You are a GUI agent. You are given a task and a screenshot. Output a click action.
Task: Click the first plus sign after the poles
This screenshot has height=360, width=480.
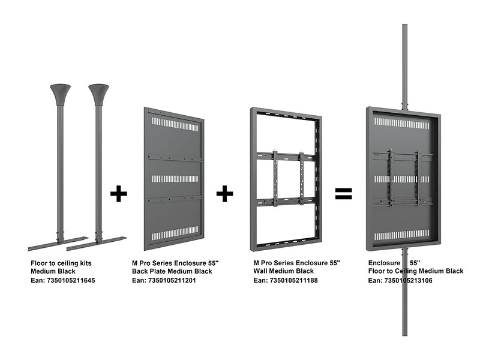118,193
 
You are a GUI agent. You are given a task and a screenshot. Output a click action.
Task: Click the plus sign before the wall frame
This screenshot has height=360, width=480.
224,193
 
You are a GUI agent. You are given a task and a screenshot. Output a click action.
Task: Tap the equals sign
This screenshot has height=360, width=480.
343,193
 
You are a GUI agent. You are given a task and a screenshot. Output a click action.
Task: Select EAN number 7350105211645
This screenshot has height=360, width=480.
71,280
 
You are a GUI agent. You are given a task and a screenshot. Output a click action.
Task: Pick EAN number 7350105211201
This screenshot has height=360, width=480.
172,280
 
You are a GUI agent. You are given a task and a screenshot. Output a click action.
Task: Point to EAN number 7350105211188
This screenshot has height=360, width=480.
293,280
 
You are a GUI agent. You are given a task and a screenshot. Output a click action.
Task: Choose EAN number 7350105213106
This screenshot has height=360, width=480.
409,280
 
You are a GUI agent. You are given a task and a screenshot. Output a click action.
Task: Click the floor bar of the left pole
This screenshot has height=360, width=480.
58,244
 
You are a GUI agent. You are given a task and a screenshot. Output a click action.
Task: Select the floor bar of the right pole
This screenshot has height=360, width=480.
97,244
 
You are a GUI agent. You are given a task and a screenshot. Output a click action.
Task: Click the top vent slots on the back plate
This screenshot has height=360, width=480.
175,124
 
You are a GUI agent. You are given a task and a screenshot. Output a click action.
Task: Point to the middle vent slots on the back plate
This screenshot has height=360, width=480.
175,178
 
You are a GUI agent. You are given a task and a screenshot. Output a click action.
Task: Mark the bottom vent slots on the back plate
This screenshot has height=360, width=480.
175,233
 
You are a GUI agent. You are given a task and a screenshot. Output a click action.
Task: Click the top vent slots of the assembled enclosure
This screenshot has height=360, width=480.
401,123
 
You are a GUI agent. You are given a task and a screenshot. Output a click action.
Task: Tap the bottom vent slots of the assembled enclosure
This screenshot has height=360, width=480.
401,235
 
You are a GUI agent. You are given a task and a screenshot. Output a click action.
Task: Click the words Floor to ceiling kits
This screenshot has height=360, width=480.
61,263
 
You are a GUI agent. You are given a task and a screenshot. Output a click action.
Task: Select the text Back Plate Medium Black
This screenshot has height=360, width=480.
172,271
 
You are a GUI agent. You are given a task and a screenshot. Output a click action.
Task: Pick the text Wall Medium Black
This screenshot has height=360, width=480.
283,271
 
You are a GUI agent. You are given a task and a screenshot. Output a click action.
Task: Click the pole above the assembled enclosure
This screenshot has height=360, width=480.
404,67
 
